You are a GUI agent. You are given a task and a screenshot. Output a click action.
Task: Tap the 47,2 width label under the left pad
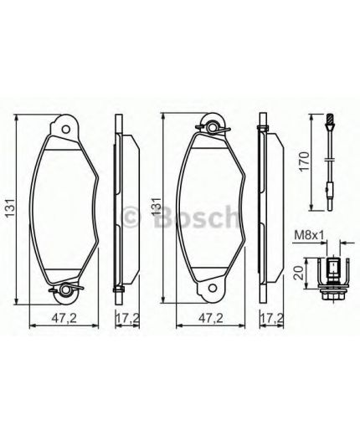click(64, 318)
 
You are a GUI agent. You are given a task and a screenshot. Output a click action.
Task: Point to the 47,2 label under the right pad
click(210, 318)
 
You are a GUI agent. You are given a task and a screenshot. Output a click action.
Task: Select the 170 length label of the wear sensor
click(305, 161)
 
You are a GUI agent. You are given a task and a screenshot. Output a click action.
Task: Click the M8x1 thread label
click(309, 236)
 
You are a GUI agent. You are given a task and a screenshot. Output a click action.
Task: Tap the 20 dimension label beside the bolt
click(299, 273)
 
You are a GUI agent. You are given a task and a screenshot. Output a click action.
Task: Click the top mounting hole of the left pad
click(66, 130)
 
